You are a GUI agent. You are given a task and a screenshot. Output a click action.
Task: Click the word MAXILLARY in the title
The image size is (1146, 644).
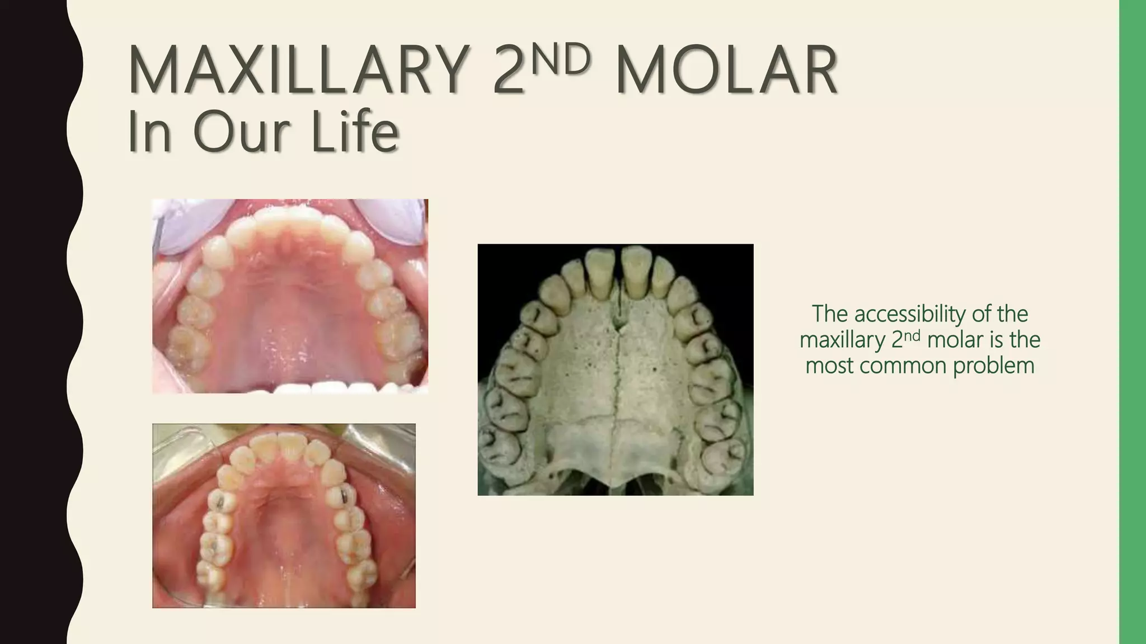(x=297, y=72)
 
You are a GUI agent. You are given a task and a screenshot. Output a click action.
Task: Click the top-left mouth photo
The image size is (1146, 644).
(x=290, y=296)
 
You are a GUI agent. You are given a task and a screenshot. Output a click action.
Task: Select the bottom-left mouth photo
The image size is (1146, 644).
(x=284, y=515)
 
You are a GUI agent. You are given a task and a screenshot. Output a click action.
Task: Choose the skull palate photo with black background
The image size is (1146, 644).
(x=615, y=370)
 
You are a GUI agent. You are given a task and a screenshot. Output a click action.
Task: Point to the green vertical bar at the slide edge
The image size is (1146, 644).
(x=1133, y=322)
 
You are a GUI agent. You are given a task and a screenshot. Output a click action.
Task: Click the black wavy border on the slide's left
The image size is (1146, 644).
(x=34, y=322)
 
